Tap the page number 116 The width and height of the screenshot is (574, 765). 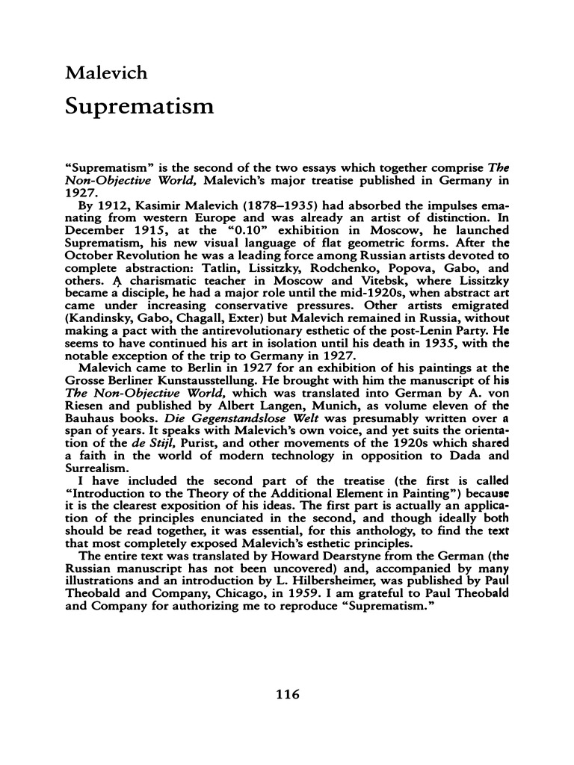click(287, 694)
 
